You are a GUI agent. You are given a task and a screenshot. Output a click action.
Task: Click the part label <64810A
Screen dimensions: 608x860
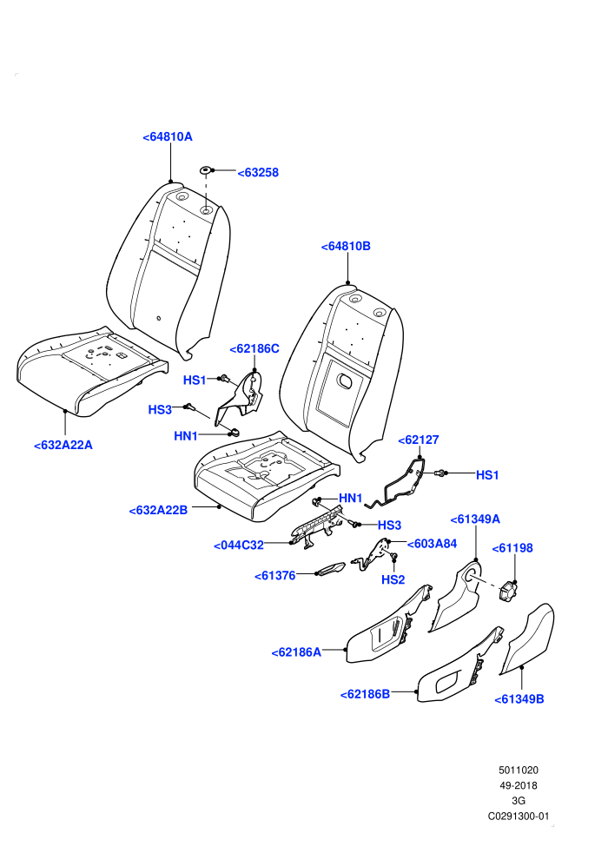(168, 137)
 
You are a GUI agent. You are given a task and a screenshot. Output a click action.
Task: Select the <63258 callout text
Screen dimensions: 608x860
(258, 173)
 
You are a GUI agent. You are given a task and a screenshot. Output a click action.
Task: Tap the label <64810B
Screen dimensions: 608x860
(346, 246)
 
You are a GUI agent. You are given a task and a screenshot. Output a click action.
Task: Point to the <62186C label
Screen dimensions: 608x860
(254, 349)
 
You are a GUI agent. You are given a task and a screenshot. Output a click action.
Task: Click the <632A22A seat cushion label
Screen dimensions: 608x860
(63, 445)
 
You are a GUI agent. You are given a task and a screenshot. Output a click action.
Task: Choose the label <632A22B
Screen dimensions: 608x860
(158, 510)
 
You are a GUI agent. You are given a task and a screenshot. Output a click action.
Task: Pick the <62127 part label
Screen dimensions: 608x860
(419, 440)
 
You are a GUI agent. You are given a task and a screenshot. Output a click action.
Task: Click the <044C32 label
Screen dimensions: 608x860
(239, 546)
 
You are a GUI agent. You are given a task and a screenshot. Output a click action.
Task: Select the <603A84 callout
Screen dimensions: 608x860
(432, 544)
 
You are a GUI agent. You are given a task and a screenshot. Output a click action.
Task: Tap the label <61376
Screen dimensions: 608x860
(274, 576)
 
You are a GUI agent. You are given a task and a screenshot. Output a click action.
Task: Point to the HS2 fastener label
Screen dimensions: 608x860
(393, 579)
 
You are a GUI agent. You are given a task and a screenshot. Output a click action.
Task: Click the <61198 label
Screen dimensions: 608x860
(512, 548)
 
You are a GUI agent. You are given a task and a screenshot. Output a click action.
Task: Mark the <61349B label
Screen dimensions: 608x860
(519, 699)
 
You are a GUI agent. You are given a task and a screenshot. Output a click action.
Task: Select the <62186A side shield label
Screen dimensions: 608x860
(296, 652)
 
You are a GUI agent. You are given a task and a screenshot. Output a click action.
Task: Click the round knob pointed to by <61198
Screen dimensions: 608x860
(507, 592)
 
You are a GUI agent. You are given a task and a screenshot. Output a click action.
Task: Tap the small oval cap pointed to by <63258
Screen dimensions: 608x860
(205, 169)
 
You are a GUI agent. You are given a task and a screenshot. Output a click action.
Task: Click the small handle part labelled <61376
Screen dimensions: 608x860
(331, 569)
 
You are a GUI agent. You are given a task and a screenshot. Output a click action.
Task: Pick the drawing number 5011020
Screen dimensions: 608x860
(518, 770)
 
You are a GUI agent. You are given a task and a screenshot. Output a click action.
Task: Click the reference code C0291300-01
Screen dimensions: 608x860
(518, 816)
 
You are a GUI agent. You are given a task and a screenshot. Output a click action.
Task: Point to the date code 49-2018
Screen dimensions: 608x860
(518, 785)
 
